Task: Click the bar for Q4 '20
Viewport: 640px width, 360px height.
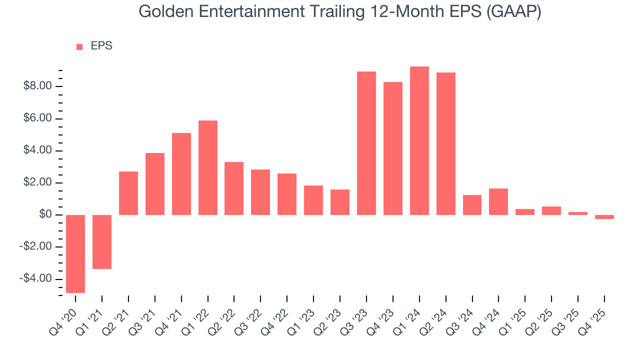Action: tap(75, 253)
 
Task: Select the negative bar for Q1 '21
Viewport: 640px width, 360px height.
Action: tap(102, 242)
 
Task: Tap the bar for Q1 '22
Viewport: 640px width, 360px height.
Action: tap(208, 167)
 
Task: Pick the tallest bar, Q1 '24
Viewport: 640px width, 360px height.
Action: tap(419, 140)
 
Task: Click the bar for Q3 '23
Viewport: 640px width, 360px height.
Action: tap(366, 143)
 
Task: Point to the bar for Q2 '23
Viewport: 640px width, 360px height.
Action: tap(340, 202)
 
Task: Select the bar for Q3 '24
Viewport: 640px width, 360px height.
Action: tap(472, 205)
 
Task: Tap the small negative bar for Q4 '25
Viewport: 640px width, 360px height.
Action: tap(604, 217)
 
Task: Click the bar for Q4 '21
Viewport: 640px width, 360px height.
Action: tap(181, 173)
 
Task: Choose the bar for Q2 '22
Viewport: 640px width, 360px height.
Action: tap(234, 188)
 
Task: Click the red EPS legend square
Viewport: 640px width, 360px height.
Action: tap(79, 47)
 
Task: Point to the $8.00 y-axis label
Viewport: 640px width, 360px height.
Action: tap(38, 86)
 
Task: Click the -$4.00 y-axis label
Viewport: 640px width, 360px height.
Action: tap(36, 279)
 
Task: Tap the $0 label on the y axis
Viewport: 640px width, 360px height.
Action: tap(45, 215)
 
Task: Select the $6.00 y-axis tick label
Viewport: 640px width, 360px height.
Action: tap(38, 119)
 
